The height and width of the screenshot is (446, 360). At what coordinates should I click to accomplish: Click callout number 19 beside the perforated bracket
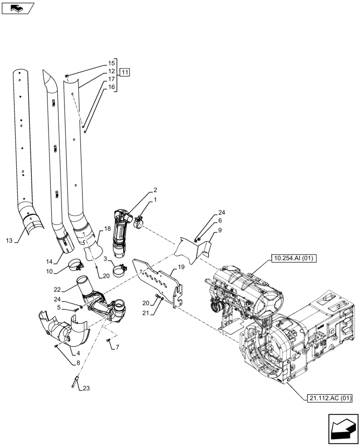[x=181, y=267]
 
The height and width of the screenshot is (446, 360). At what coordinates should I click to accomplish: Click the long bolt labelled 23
[x=74, y=381]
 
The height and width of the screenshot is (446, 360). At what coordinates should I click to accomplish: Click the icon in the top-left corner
[x=17, y=7]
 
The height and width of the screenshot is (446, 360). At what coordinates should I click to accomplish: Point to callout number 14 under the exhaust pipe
[x=49, y=261]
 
